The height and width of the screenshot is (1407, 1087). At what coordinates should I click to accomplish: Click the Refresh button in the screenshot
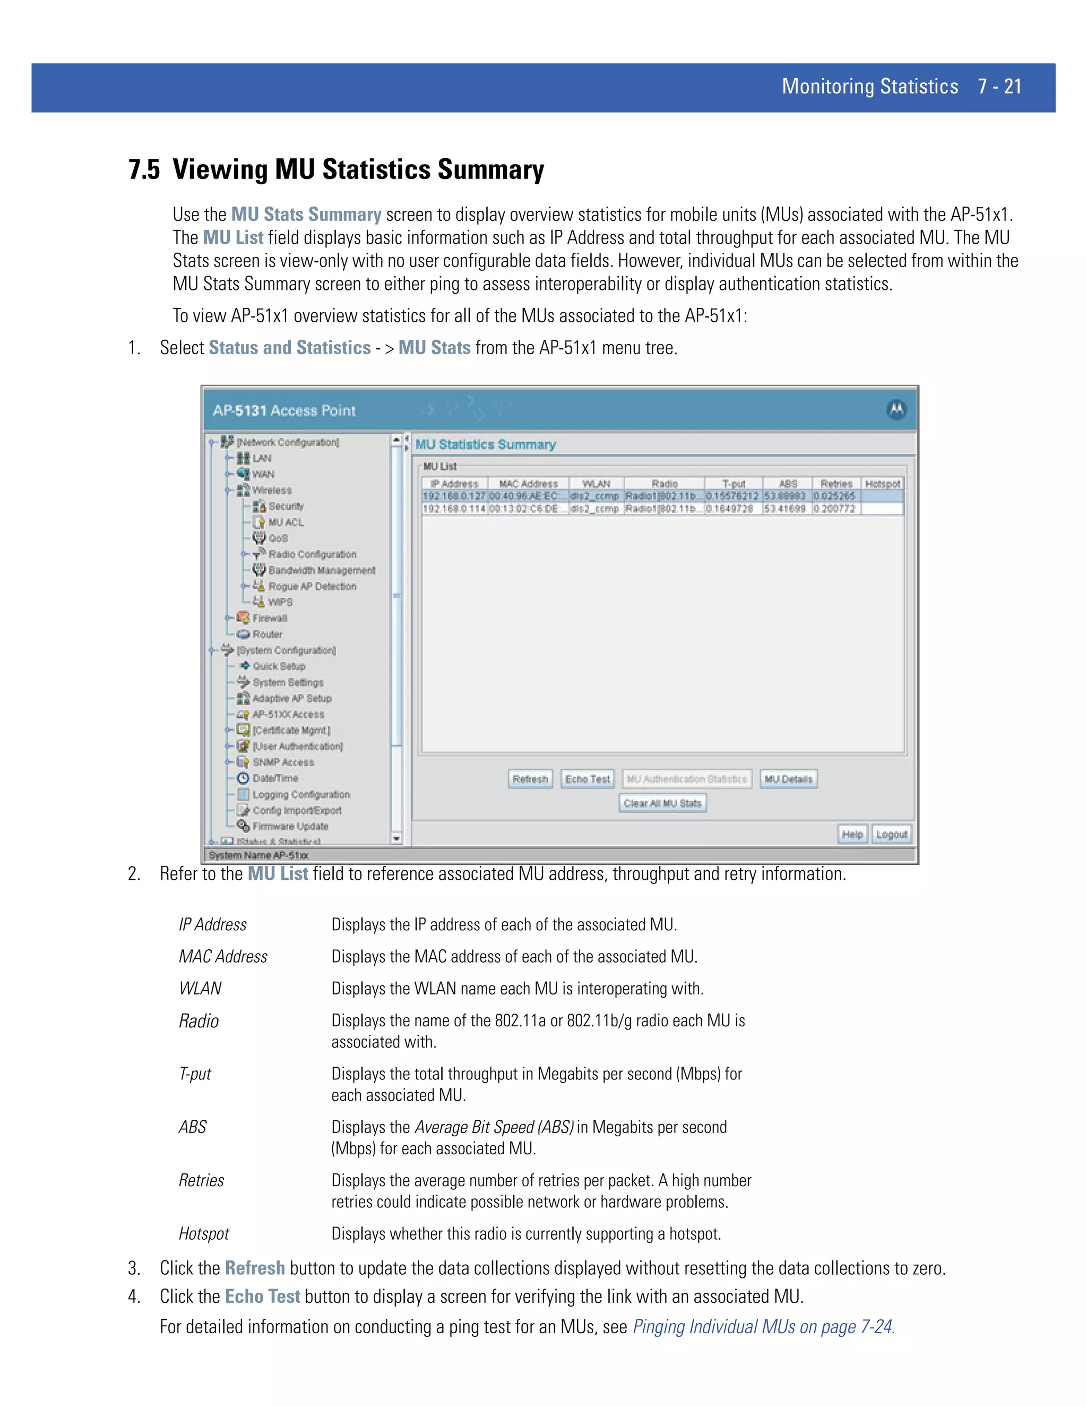pos(530,779)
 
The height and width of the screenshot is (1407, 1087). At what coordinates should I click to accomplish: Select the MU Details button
pos(788,779)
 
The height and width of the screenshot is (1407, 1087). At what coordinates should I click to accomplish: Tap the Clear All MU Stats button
pos(662,803)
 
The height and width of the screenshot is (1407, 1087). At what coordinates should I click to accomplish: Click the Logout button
pos(891,834)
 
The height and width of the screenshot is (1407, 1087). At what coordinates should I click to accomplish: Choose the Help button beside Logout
pos(852,834)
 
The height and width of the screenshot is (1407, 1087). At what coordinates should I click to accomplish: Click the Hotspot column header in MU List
pos(882,484)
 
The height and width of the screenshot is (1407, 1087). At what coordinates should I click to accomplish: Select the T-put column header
pos(734,484)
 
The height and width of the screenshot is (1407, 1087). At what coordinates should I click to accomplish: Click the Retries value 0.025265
pos(834,496)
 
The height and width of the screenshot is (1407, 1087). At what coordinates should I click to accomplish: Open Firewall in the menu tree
pos(269,619)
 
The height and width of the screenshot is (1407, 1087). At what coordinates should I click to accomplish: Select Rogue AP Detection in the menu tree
pos(312,586)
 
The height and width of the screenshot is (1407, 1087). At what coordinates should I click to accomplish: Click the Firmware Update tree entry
pos(290,827)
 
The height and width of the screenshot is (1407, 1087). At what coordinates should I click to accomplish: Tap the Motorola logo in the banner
pos(896,410)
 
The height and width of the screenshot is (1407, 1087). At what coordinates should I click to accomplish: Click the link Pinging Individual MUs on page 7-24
pos(763,1326)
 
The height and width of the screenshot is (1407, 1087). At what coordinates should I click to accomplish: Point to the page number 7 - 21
pos(999,87)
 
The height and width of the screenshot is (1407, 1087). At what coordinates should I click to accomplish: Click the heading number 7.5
pos(144,169)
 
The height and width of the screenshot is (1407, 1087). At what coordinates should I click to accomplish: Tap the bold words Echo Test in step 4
pos(263,1296)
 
